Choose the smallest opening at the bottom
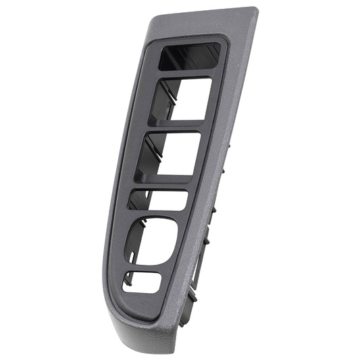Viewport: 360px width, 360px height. click(142, 282)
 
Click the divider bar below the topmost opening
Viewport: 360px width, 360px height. click(186, 75)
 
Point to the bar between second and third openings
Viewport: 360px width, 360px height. click(177, 127)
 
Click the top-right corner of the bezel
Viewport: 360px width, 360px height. click(255, 9)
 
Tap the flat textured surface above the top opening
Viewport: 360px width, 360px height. click(203, 26)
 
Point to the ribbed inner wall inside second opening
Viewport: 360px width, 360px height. click(162, 101)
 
